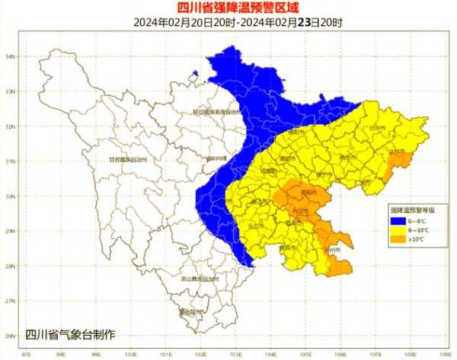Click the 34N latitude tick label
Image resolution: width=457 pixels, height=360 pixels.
10,56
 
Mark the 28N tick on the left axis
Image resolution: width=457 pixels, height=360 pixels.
10,266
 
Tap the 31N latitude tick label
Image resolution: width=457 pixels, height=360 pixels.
10,161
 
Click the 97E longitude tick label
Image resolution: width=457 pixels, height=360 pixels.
27,354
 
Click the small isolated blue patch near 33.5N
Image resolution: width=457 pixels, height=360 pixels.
196,74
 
